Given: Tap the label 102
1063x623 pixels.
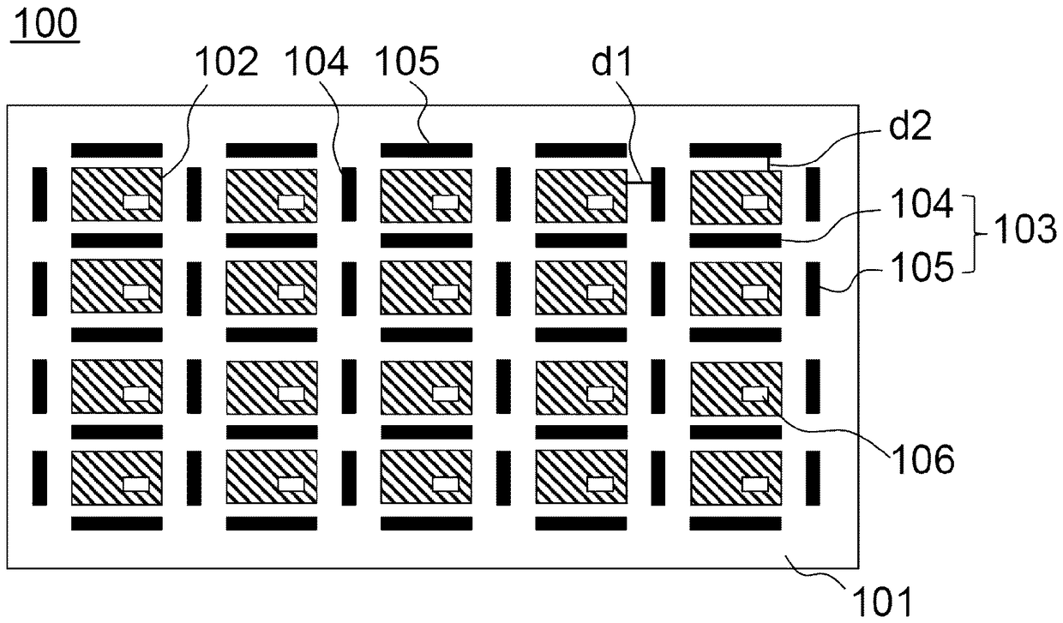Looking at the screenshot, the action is click(227, 62).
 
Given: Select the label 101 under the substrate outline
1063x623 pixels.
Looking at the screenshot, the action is click(882, 602).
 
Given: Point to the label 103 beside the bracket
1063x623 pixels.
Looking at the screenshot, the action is click(1024, 229).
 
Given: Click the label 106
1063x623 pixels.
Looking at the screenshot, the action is click(923, 459).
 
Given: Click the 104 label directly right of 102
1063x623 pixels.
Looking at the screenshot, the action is click(316, 62).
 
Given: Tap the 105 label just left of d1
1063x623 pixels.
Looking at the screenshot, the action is click(407, 62).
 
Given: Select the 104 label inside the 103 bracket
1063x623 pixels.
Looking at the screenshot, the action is click(922, 204).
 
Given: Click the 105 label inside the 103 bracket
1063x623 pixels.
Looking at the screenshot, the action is click(922, 267).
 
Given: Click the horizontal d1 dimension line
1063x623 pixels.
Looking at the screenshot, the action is click(639, 183).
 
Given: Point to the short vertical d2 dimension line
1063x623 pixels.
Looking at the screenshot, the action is click(769, 164).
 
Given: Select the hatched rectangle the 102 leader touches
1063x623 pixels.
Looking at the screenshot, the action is click(117, 195).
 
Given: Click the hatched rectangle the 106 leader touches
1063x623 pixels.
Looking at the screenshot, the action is click(736, 389).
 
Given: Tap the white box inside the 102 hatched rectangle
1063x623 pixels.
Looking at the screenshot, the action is click(136, 202).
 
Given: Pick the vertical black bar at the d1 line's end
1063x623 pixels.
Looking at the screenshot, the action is click(658, 194).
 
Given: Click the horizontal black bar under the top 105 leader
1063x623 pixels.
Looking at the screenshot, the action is click(426, 151).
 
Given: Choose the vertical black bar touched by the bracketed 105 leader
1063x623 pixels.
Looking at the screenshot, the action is click(813, 289).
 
